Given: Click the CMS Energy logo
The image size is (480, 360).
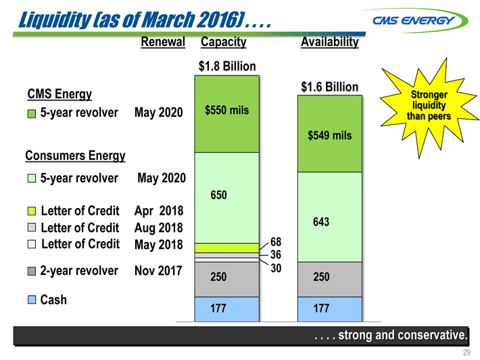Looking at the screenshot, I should click(419, 20).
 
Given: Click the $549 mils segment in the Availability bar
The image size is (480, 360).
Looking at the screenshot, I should click(330, 135).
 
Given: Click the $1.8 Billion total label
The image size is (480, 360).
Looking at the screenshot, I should click(227, 66).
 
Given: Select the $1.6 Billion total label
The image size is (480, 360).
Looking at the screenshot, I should click(330, 87).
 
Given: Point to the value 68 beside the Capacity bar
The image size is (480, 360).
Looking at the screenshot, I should click(275, 242).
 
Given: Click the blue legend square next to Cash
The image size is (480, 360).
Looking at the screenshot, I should click(31, 300).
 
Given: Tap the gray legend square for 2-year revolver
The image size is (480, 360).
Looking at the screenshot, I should click(31, 272).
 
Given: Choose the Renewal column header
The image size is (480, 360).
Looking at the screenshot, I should click(163, 42).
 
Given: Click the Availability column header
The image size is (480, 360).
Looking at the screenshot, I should click(330, 43).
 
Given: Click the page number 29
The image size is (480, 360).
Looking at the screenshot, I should click(466, 353).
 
